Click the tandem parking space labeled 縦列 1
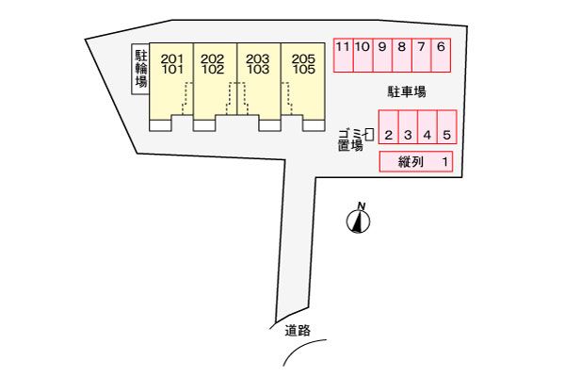coord(417,162)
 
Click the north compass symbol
coord(359,221)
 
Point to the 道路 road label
coord(298,330)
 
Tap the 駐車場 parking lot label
coord(407,91)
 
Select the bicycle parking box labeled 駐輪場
coord(140,70)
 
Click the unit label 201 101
coord(172,63)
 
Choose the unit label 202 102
coord(213,63)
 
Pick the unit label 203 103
coord(257,63)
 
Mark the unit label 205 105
coord(303,63)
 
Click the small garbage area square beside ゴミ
coord(370,135)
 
